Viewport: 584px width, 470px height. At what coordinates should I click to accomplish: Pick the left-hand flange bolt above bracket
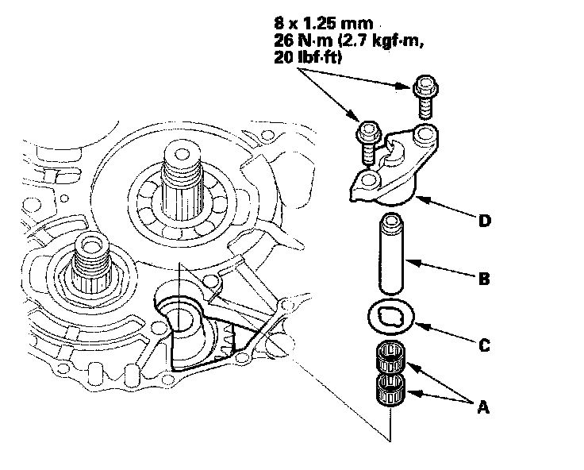pyautogui.click(x=368, y=139)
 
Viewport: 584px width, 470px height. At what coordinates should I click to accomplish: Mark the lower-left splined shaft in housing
pyautogui.click(x=90, y=259)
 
